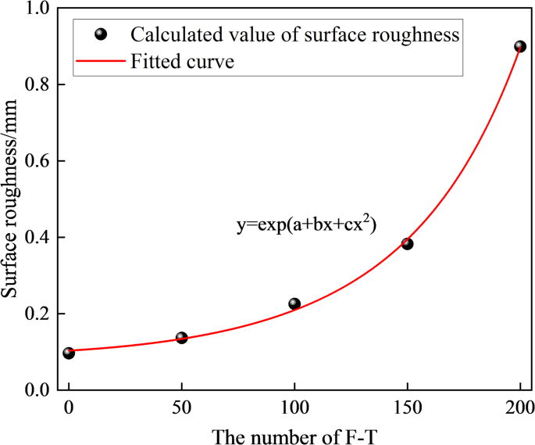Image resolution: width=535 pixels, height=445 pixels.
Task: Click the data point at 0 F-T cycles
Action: click(69, 353)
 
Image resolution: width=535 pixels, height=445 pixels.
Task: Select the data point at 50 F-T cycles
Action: click(182, 338)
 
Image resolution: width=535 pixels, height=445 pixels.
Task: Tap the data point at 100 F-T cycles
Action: click(294, 303)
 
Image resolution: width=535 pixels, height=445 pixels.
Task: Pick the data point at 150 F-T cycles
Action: click(407, 244)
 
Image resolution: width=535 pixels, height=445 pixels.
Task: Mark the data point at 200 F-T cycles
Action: click(520, 46)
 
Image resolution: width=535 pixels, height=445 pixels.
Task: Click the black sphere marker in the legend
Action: click(99, 34)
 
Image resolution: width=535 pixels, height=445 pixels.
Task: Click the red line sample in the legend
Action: click(99, 61)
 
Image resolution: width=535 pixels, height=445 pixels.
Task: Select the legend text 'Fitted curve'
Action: click(183, 61)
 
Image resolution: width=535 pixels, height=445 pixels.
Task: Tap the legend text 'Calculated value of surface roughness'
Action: click(294, 34)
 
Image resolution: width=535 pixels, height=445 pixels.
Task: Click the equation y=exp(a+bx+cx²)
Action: click(307, 224)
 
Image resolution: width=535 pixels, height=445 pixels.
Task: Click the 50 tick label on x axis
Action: click(182, 407)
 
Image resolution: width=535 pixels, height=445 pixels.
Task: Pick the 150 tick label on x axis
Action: click(407, 407)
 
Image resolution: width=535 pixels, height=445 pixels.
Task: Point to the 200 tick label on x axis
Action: click(519, 407)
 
